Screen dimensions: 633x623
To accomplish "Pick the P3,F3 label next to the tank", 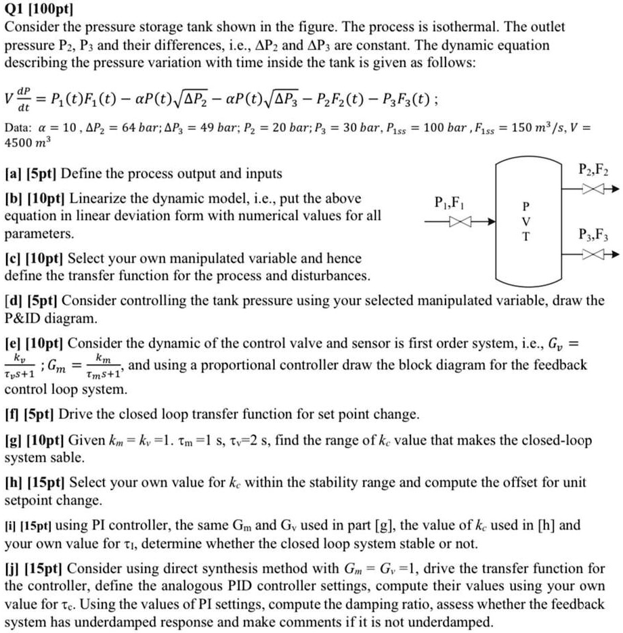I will pos(594,236).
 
